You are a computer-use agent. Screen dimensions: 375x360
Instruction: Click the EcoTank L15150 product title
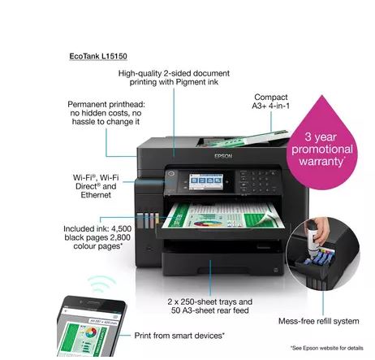[98, 56]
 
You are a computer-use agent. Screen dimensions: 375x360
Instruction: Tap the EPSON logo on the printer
[223, 156]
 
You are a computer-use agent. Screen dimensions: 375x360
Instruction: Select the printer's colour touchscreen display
[206, 181]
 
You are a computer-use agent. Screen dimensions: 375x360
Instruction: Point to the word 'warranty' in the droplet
[321, 162]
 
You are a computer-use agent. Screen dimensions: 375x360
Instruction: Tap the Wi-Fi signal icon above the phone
[101, 284]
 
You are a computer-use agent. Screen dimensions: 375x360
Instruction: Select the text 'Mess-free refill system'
[319, 321]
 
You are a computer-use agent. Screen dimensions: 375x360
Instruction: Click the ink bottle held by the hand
[313, 237]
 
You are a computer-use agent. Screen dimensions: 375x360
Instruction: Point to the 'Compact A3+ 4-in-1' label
[271, 102]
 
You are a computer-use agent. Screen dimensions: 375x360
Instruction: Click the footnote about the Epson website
[327, 348]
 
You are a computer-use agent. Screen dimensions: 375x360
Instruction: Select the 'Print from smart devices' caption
[179, 336]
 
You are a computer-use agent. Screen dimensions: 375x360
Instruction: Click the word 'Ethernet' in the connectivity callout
[96, 195]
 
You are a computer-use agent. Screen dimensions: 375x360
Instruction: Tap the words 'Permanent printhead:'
[106, 104]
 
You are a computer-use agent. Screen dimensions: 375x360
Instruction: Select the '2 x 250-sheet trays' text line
[210, 301]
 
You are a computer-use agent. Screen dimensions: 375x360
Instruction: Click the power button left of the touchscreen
[171, 174]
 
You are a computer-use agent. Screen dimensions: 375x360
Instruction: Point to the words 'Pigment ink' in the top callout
[197, 82]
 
